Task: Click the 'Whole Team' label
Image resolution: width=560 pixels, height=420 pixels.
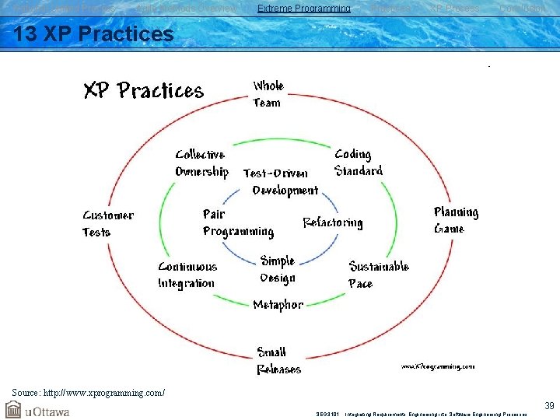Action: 268,94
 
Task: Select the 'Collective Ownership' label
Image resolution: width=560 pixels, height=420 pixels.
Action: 201,163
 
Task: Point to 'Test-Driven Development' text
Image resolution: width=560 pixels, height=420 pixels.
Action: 280,181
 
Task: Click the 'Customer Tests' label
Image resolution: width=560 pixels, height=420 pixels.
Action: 107,223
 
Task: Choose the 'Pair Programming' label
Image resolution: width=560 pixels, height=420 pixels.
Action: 237,222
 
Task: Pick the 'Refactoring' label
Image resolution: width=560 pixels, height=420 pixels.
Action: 332,223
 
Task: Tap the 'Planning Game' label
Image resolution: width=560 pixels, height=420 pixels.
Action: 456,220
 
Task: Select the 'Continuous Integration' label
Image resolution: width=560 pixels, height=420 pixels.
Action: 187,275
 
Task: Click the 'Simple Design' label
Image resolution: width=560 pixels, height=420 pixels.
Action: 277,269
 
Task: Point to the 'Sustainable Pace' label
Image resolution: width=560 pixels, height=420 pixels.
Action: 378,275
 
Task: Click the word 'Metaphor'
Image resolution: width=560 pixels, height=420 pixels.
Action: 278,305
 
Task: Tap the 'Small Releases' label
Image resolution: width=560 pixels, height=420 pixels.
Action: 278,361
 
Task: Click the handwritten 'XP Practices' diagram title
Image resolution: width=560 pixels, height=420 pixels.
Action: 143,91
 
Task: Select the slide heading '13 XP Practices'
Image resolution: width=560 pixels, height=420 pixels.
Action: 93,34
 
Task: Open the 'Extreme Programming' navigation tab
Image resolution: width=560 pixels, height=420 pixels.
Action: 303,9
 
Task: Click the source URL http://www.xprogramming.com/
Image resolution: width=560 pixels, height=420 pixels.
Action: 88,392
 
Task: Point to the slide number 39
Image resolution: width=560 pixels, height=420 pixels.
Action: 549,406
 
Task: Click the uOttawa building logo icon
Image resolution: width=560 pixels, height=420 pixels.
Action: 13,409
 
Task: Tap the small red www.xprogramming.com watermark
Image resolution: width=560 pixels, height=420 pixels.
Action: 437,366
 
